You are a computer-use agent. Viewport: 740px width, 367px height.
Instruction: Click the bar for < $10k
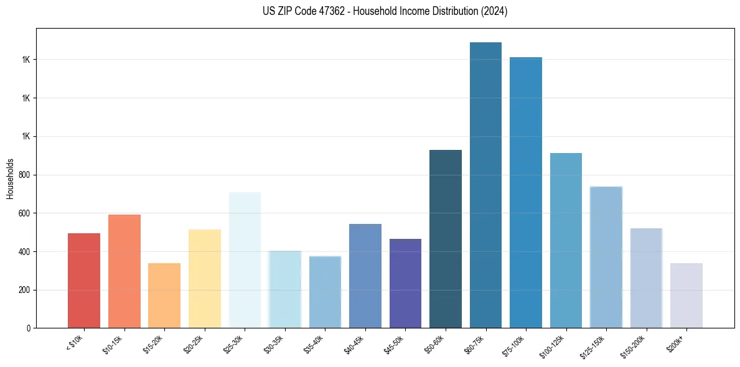pyautogui.click(x=84, y=281)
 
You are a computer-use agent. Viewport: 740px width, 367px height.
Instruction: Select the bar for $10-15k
pyautogui.click(x=124, y=271)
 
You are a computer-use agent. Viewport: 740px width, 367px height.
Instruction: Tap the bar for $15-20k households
pyautogui.click(x=164, y=295)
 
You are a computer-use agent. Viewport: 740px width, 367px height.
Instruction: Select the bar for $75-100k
pyautogui.click(x=526, y=193)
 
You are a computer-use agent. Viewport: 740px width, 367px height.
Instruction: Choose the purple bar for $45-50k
pyautogui.click(x=405, y=283)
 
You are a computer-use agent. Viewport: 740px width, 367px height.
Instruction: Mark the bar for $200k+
pyautogui.click(x=686, y=295)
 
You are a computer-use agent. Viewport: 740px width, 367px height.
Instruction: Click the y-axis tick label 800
pyautogui.click(x=25, y=175)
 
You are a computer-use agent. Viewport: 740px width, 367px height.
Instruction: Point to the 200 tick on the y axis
pyautogui.click(x=25, y=290)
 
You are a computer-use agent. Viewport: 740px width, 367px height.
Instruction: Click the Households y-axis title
pyautogui.click(x=10, y=179)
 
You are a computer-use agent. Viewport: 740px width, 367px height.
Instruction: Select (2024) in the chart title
pyautogui.click(x=494, y=11)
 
